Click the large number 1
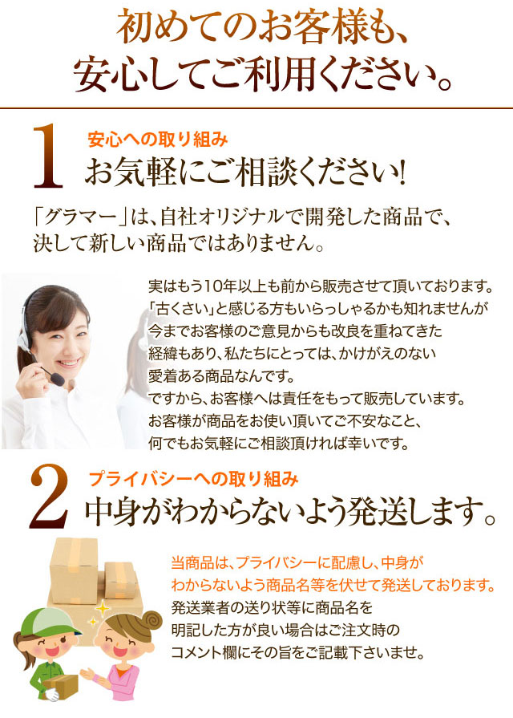point(47,156)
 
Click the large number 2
point(49,496)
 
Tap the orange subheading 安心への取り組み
point(157,140)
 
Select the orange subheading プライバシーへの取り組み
point(193,478)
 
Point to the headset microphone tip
point(59,379)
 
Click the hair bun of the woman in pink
point(150,623)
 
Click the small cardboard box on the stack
point(120,580)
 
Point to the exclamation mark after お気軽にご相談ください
point(402,172)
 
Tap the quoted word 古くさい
point(182,309)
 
